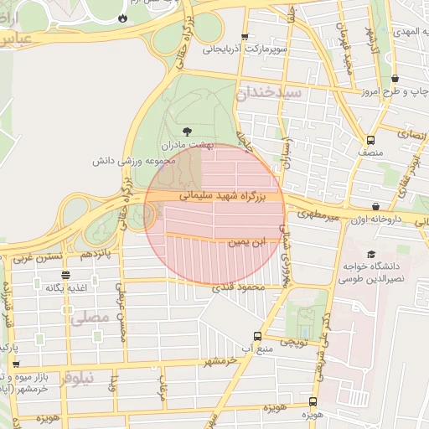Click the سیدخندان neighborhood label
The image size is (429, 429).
269,93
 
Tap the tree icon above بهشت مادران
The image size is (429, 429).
186,131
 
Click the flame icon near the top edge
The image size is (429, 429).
123,17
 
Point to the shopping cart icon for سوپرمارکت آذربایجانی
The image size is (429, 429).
245,36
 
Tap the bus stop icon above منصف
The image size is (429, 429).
370,140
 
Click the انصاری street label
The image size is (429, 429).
410,132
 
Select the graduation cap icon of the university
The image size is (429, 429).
371,254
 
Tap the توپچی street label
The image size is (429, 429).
293,341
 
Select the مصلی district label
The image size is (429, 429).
90,318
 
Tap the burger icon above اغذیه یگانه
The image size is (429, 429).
66,275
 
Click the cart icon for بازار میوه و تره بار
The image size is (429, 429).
16,364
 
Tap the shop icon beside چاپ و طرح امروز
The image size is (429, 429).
395,79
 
